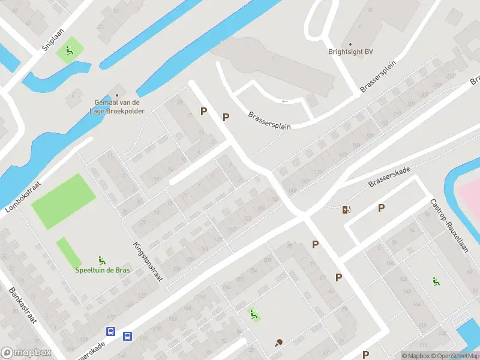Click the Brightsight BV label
coord(350,52)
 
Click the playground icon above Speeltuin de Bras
coord(102,260)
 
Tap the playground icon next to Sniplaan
coord(70,51)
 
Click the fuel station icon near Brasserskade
coord(346,209)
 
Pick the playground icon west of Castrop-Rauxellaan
coord(436,281)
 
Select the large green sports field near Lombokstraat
coord(63,202)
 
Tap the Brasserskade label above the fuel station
coord(389,178)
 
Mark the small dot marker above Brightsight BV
coord(350,44)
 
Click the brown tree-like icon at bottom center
coord(278,343)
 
